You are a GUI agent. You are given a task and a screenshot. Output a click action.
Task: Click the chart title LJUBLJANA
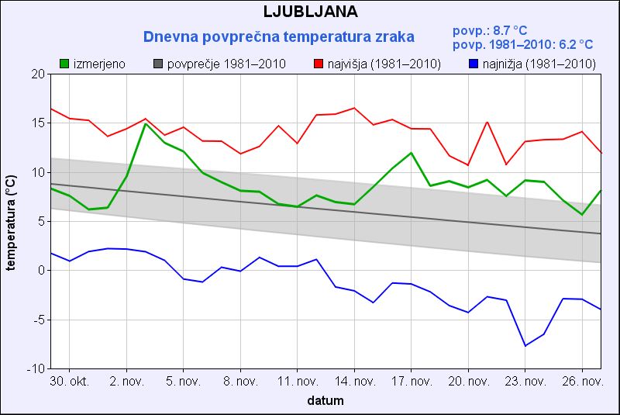click(310, 12)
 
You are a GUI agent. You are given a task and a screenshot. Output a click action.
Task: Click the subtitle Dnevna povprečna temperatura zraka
click(279, 36)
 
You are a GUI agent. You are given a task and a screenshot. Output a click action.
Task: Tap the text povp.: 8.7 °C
click(488, 30)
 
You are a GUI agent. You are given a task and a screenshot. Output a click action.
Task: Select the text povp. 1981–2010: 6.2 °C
click(522, 45)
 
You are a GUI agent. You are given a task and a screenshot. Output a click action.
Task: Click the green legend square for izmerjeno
click(64, 64)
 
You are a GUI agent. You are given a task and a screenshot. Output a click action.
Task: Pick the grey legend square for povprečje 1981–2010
click(159, 64)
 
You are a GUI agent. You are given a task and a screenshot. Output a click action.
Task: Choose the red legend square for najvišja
click(319, 64)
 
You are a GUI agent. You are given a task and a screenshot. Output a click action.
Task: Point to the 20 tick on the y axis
click(38, 74)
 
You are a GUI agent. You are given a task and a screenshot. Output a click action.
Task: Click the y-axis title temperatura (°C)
click(11, 221)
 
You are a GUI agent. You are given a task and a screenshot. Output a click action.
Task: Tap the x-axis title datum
click(325, 401)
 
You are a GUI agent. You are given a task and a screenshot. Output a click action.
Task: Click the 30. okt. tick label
click(69, 382)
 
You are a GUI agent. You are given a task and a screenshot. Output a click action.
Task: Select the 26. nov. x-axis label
click(582, 382)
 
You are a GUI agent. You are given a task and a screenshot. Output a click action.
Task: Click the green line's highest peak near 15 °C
click(145, 123)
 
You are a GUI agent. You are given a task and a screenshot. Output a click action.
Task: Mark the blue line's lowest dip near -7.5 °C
click(525, 345)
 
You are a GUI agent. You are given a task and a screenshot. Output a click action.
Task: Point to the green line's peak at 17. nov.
click(412, 153)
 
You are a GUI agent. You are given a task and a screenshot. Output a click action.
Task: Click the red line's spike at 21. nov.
click(487, 122)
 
